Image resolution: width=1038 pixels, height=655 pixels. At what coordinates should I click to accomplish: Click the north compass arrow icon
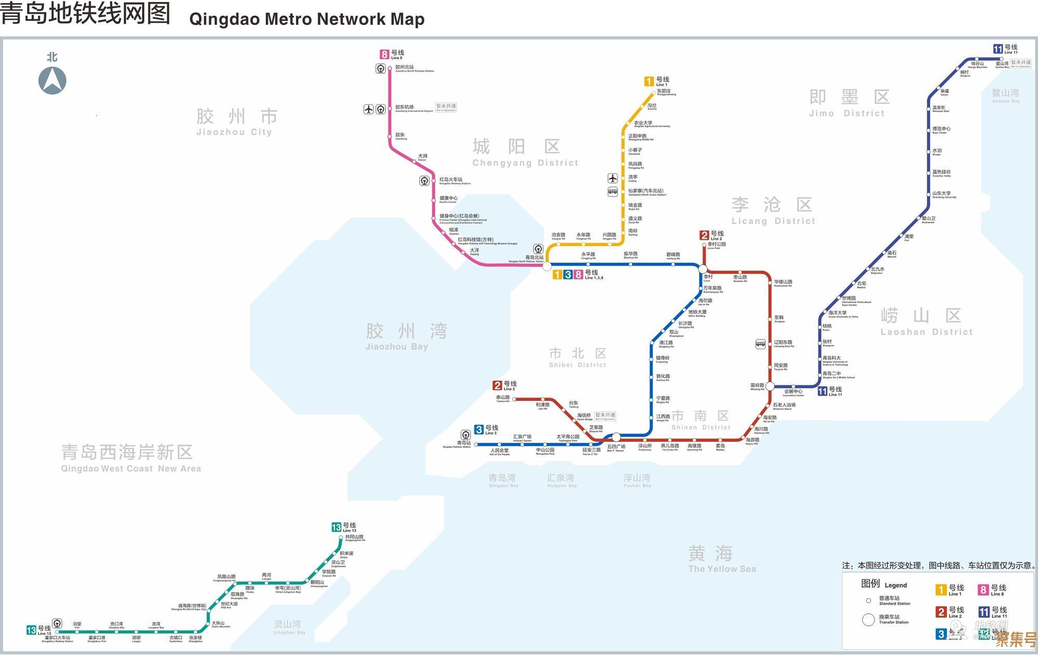click(52, 80)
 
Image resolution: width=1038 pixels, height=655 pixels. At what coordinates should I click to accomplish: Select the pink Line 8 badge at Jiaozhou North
click(385, 54)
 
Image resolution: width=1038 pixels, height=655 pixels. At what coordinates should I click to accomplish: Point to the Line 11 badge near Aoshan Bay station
click(998, 49)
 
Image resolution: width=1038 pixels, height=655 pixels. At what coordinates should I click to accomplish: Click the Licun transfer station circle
click(703, 269)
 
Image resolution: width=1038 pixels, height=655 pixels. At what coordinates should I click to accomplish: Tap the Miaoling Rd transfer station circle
click(770, 386)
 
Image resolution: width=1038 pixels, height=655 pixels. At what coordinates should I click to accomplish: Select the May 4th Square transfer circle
click(616, 438)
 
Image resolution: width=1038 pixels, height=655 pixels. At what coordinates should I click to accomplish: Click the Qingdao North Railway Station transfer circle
click(547, 266)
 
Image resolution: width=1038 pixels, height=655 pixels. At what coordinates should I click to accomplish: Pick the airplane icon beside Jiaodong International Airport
click(368, 109)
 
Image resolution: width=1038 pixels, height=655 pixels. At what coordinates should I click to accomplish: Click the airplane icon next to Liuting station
click(612, 179)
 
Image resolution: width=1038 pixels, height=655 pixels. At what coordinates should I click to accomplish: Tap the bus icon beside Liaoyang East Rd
click(760, 344)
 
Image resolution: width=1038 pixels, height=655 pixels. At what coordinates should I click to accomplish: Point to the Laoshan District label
click(926, 321)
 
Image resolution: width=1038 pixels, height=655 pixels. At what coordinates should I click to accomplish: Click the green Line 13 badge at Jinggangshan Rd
click(337, 527)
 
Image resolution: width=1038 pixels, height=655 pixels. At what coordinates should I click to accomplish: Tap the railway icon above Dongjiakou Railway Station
click(58, 623)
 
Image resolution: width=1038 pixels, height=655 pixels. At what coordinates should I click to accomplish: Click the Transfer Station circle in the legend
click(868, 620)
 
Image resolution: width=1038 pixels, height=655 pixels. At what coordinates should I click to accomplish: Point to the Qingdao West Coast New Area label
click(130, 458)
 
